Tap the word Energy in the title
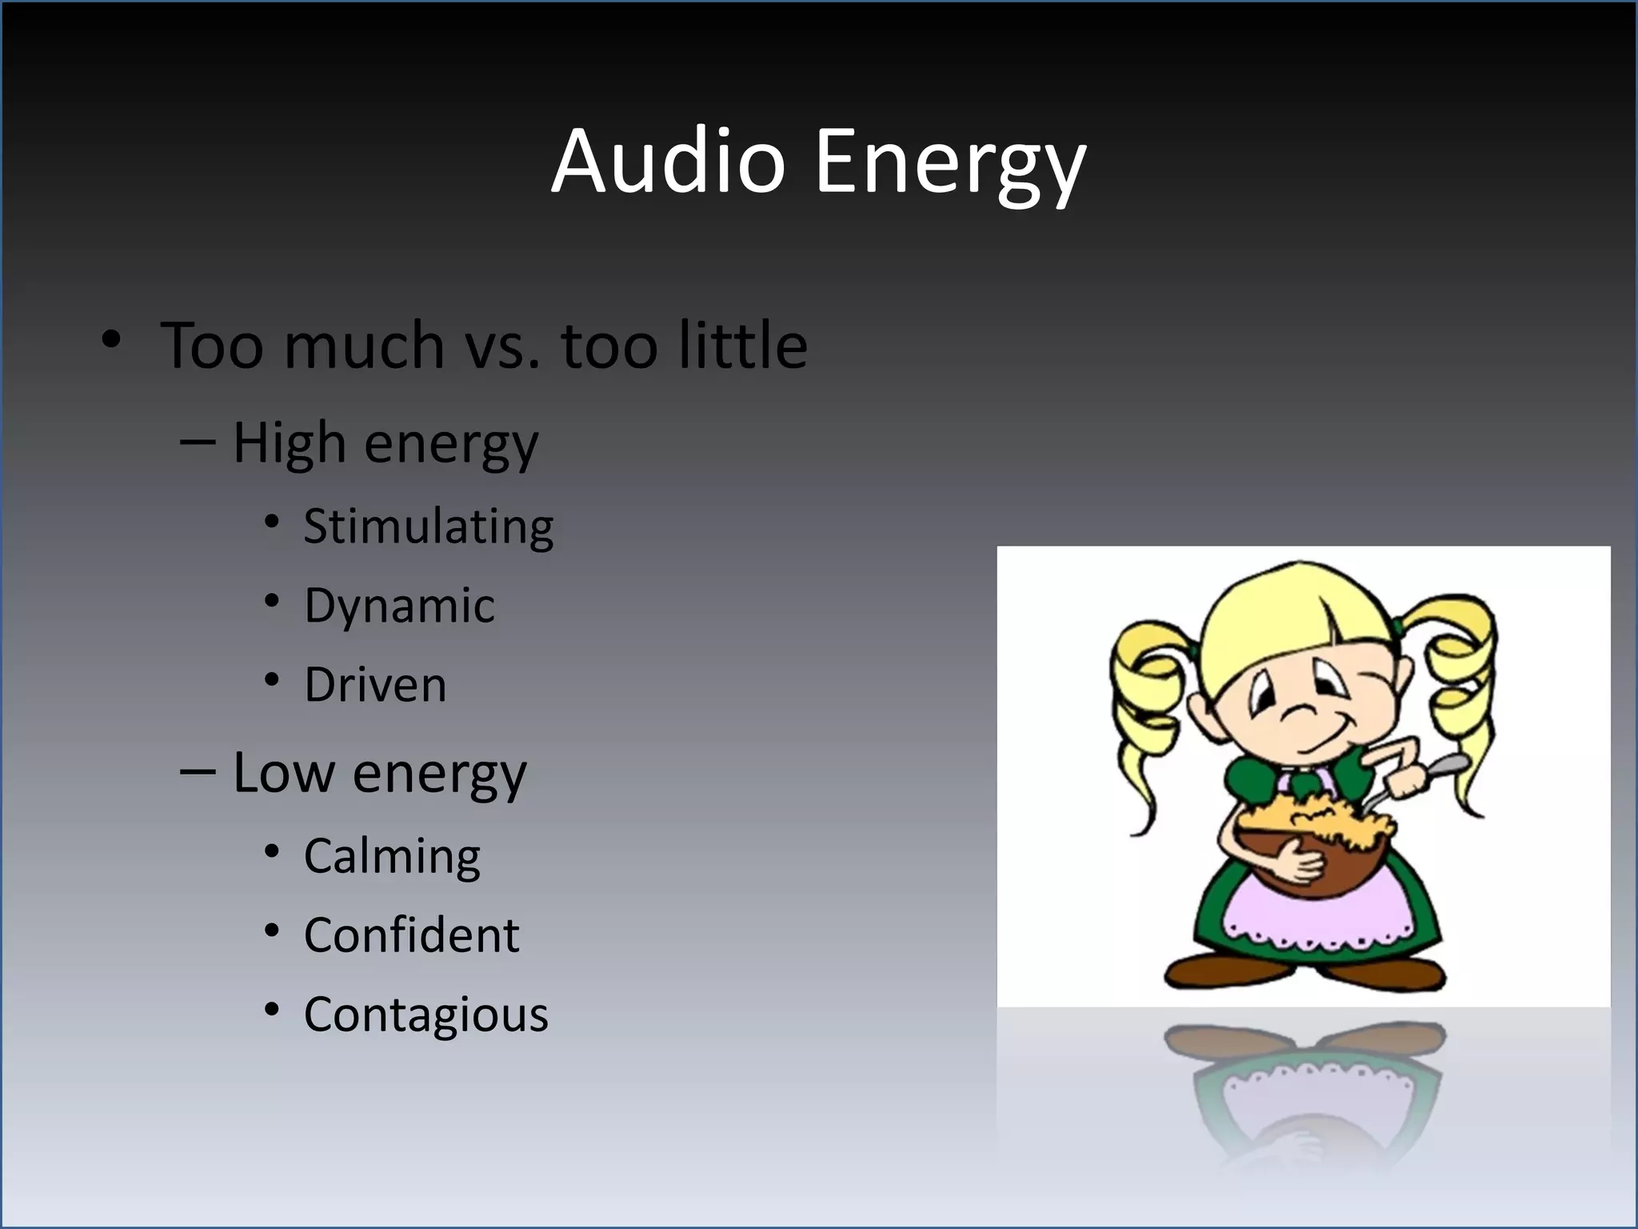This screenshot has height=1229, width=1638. coord(950,164)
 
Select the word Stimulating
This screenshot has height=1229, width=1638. coord(428,527)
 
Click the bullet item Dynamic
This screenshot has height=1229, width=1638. coord(399,606)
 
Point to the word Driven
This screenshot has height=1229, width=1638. coord(375,685)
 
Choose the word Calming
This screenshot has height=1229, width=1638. coord(392,857)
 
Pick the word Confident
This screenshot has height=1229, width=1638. coord(411,935)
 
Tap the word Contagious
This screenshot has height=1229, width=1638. coord(425,1015)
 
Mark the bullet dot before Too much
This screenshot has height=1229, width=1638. coord(112,339)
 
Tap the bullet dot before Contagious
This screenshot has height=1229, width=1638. coord(272,1010)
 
